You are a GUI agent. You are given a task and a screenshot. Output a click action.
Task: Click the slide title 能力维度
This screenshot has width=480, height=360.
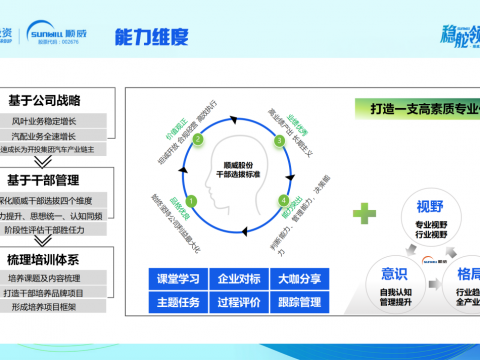151,36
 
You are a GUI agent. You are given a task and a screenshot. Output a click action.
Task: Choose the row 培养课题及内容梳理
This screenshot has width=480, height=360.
57,277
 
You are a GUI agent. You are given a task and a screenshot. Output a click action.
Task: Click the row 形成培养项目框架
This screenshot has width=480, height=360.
57,306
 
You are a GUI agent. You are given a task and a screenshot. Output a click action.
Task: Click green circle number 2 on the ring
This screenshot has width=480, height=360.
197,141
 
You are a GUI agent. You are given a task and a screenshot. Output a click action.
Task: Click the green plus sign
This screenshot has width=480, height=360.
369,212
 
